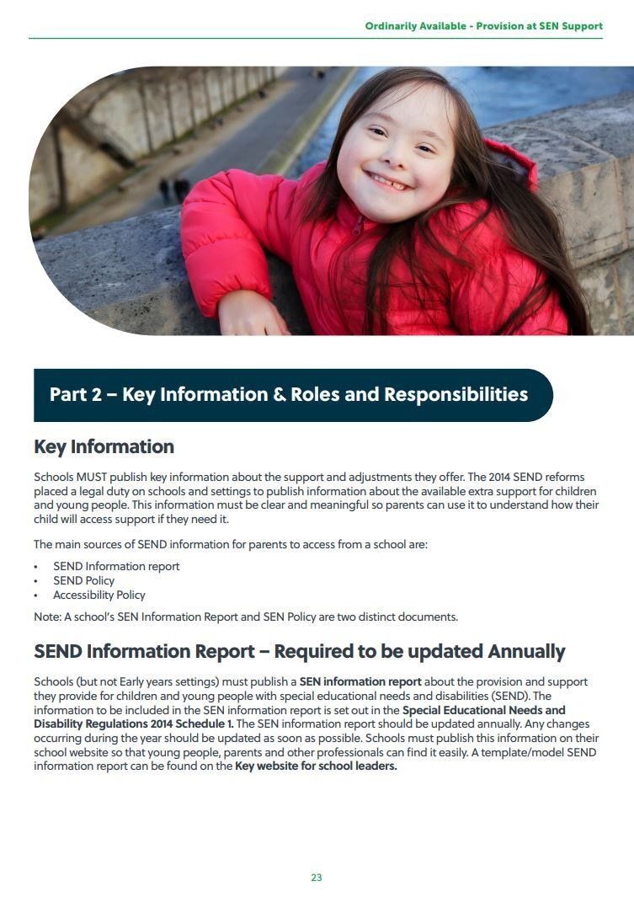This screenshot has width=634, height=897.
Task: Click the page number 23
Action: click(x=317, y=878)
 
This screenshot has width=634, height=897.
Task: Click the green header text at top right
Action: click(x=483, y=26)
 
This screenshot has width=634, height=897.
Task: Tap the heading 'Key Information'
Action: click(x=104, y=446)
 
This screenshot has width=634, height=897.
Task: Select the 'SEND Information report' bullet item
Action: click(x=116, y=566)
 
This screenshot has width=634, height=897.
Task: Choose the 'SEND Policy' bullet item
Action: click(x=83, y=580)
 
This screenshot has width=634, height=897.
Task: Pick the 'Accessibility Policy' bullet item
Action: click(x=99, y=595)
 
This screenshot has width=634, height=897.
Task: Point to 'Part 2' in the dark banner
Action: click(x=75, y=394)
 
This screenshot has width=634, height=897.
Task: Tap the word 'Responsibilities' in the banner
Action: click(x=456, y=394)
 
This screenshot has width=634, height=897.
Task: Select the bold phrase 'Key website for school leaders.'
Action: click(x=316, y=766)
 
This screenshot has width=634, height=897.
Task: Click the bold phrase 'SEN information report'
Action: click(x=354, y=681)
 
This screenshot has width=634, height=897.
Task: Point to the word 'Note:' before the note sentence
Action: click(x=47, y=617)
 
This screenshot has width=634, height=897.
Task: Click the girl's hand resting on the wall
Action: click(x=248, y=313)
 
